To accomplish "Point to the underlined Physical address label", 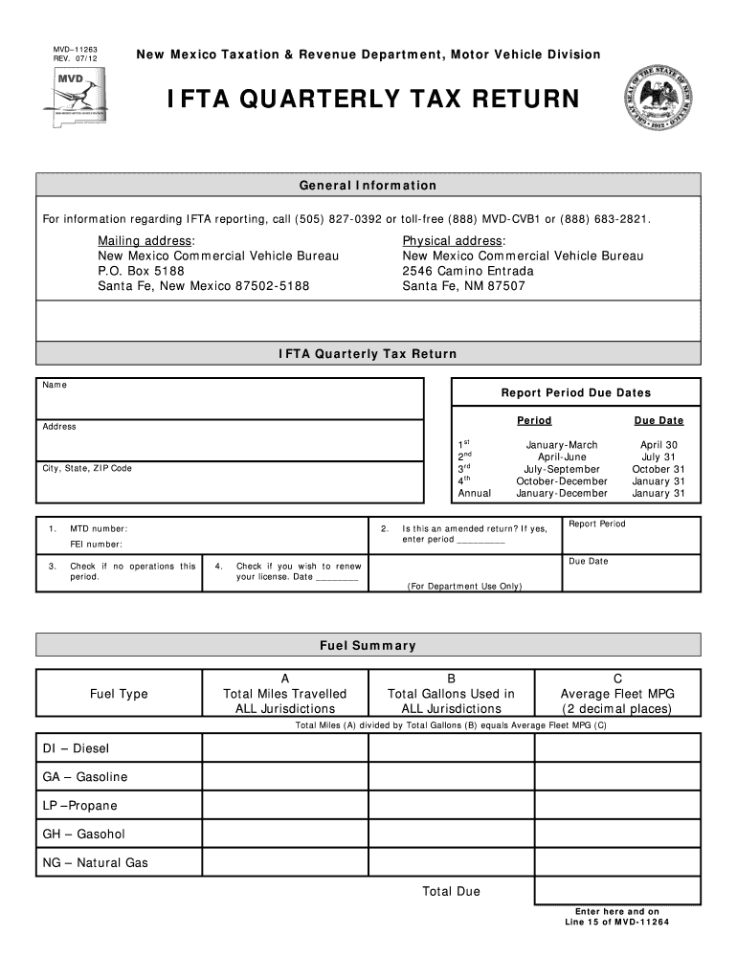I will coord(454,240).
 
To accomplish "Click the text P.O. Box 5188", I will coord(141,271).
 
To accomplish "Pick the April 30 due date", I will coord(659,445).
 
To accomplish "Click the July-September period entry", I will coord(561,469).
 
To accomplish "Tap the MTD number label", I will coord(99,528).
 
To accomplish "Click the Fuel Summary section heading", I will coord(368,645).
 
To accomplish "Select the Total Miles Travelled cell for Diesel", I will coord(285,747).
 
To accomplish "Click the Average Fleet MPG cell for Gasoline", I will coord(617,776).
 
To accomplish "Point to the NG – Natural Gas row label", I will coord(96,862).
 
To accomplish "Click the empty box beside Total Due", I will coord(617,891).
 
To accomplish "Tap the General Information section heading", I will coord(368,186).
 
